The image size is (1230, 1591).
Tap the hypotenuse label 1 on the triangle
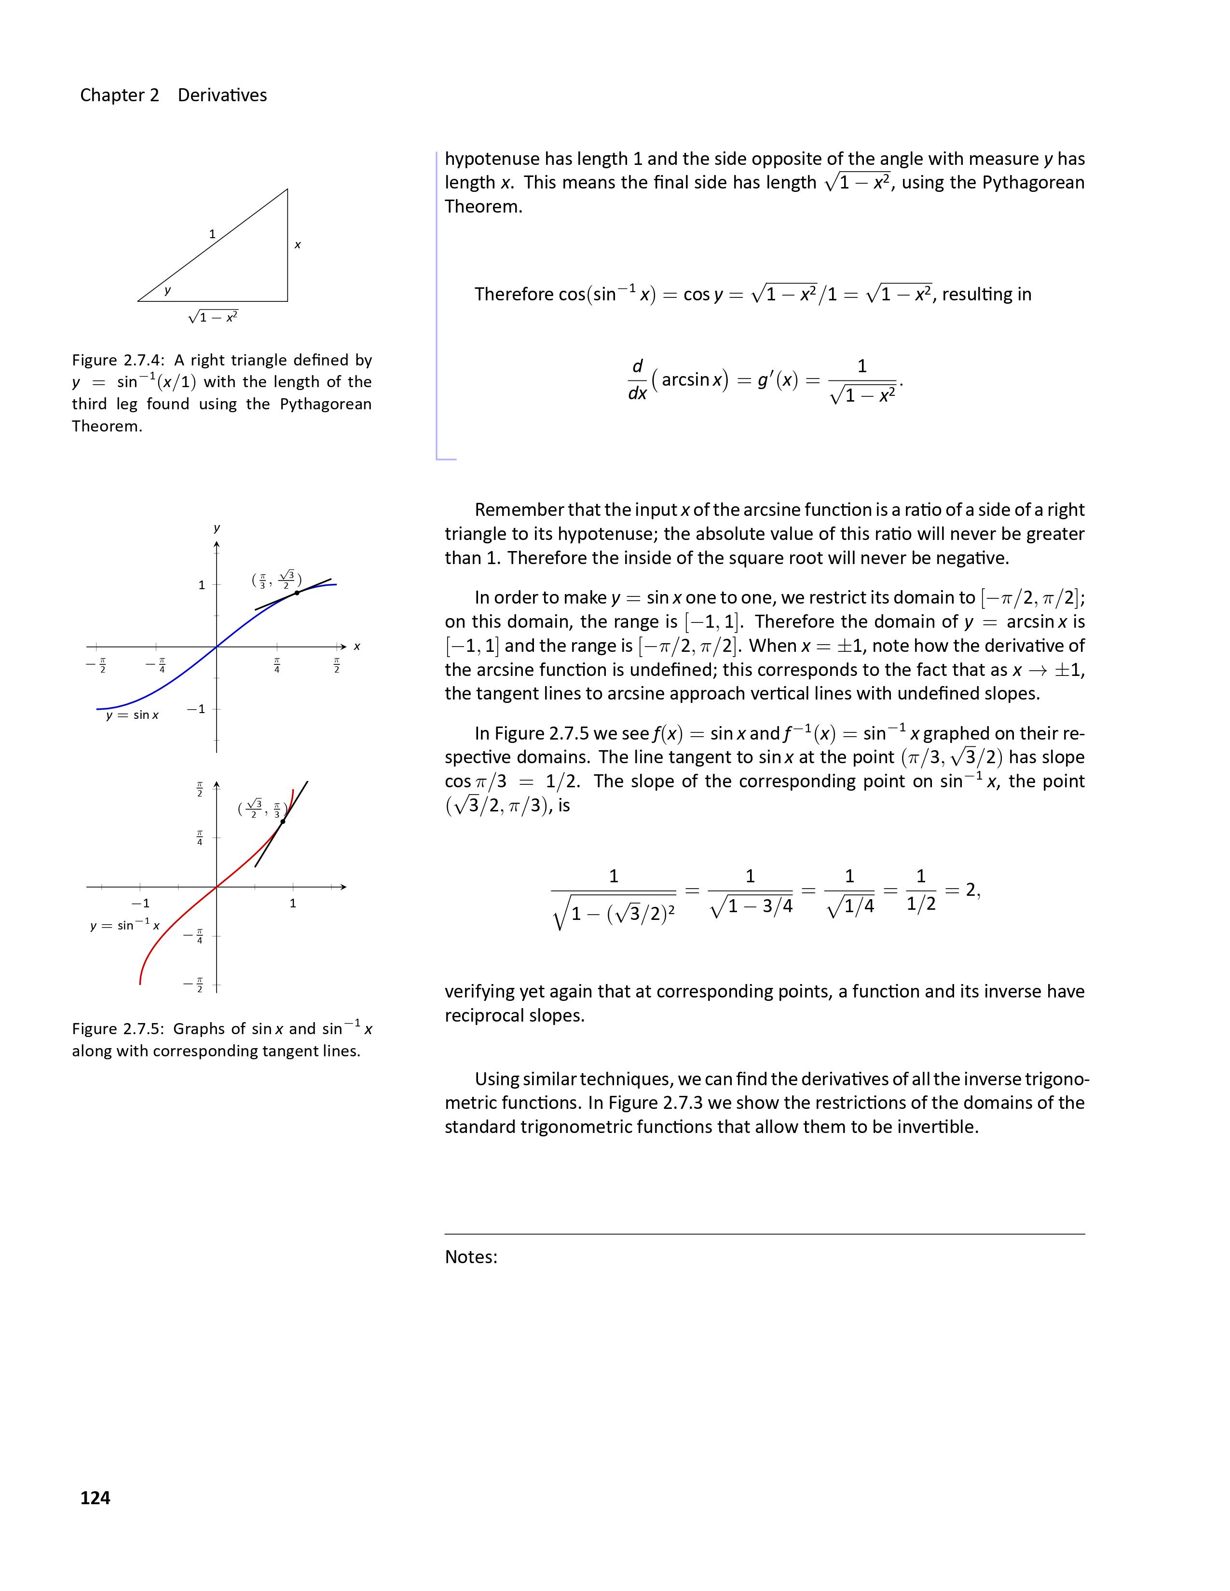click(x=212, y=234)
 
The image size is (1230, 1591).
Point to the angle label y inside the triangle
click(x=167, y=290)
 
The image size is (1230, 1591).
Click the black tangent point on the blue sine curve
click(x=297, y=593)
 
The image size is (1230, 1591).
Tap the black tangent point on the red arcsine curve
click(x=283, y=821)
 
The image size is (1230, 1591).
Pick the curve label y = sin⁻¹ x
click(x=124, y=925)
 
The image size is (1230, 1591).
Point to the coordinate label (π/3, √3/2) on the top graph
click(x=276, y=580)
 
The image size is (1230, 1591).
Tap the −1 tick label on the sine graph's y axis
click(x=195, y=709)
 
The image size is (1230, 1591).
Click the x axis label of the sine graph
click(x=357, y=646)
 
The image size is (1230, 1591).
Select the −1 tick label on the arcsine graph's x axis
click(x=140, y=903)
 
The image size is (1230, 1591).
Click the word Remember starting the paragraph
click(x=519, y=510)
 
